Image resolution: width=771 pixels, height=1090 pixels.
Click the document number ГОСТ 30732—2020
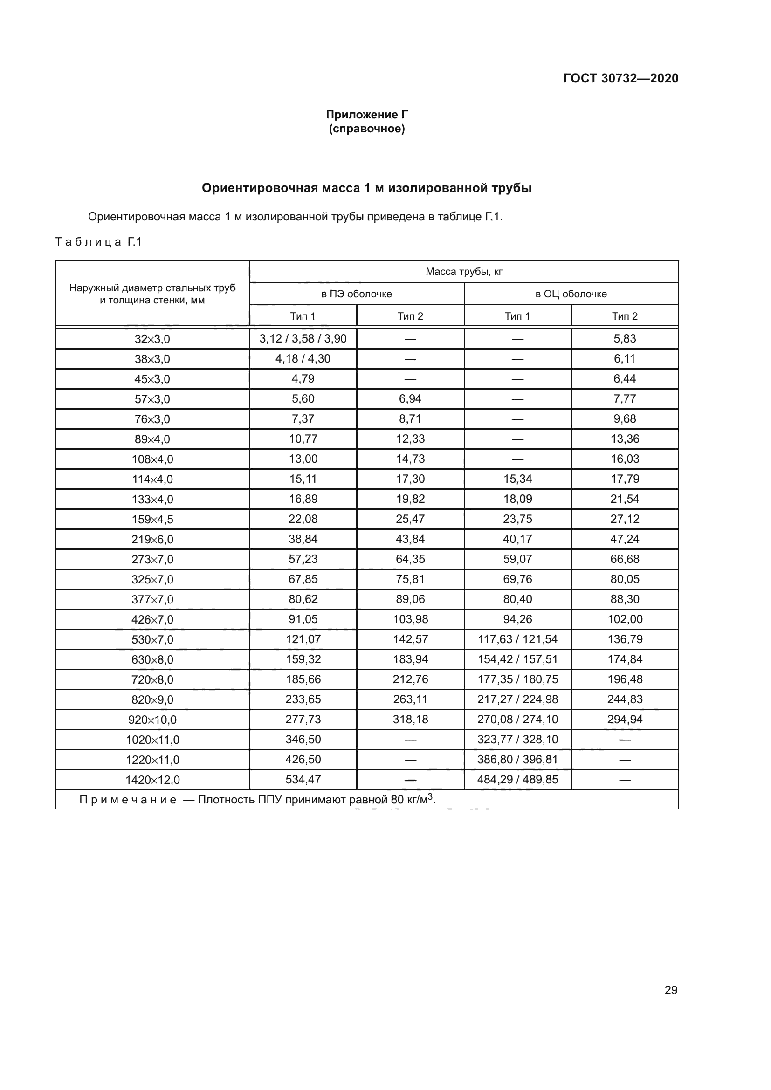click(620, 78)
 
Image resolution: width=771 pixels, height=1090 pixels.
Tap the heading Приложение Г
click(366, 115)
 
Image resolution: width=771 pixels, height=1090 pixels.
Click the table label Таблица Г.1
click(99, 242)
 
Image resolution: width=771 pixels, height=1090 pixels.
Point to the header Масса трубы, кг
click(463, 272)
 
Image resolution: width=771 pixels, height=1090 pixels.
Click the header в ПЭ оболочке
click(356, 294)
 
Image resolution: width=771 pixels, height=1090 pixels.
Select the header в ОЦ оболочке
click(571, 294)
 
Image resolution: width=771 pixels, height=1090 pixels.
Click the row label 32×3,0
click(152, 339)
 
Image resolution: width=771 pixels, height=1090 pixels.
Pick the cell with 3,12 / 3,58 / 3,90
click(303, 338)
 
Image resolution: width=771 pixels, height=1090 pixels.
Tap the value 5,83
click(624, 338)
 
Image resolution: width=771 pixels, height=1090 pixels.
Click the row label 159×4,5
click(152, 519)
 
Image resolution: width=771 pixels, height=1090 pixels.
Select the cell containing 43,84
click(410, 539)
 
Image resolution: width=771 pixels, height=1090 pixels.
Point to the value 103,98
click(410, 619)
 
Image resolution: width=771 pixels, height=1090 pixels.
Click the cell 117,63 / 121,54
click(517, 639)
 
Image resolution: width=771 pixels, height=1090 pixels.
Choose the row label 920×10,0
click(152, 720)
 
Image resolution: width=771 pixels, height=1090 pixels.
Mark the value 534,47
click(303, 779)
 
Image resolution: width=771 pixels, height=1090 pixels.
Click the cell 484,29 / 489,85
click(517, 779)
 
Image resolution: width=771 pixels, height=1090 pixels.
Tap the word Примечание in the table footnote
click(128, 800)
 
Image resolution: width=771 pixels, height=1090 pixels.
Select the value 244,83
click(624, 699)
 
